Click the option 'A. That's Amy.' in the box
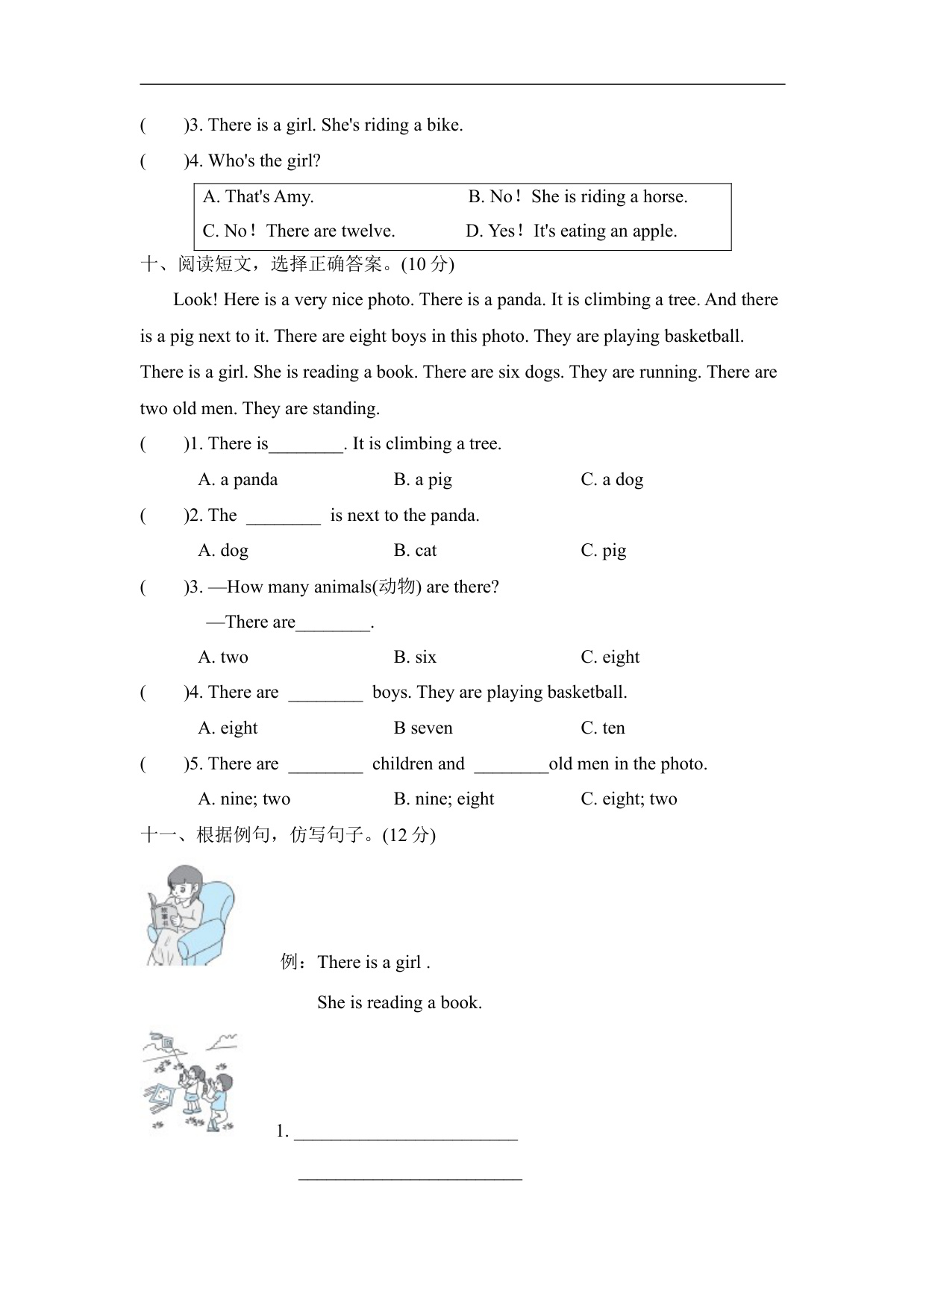tap(258, 197)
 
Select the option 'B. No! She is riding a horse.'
tap(578, 197)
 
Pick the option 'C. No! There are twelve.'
tap(298, 231)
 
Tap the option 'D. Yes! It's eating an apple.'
tap(571, 231)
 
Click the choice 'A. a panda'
tap(238, 480)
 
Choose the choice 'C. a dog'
tap(612, 480)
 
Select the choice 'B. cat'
tap(415, 551)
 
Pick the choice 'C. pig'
tap(603, 551)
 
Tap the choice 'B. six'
tap(415, 657)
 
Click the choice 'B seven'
tap(423, 728)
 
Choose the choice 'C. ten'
tap(603, 728)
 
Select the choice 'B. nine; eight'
tap(444, 799)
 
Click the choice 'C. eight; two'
tap(629, 799)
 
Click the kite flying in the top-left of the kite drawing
tap(163, 1042)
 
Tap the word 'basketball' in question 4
tap(586, 693)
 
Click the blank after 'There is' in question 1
tap(306, 446)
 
